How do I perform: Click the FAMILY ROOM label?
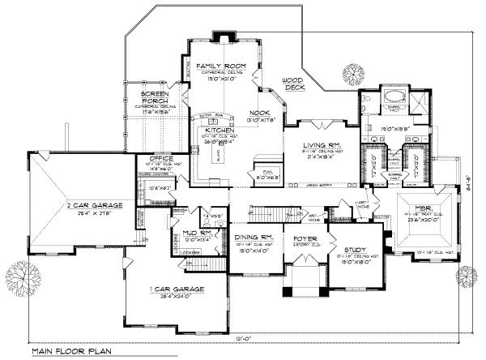click(x=215, y=64)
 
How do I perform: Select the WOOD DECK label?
click(x=292, y=82)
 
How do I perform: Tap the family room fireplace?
click(x=222, y=37)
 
